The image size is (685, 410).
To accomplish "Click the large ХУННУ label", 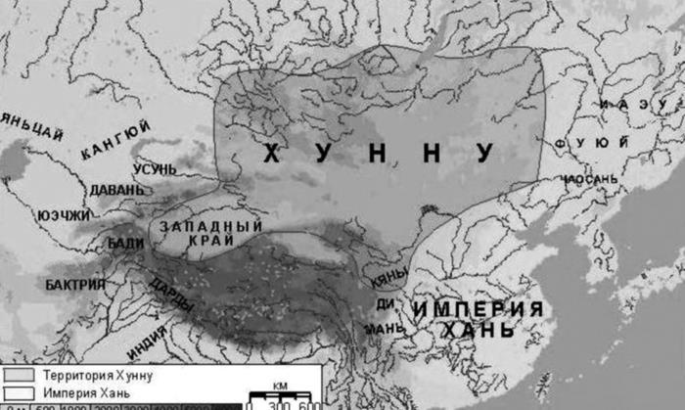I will click(378, 153).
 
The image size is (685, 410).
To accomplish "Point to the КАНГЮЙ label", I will click(116, 140).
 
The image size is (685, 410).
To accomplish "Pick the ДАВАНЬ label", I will click(116, 188).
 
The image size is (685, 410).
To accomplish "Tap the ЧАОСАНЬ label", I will click(590, 179).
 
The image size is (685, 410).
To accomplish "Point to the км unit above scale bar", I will click(279, 386).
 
